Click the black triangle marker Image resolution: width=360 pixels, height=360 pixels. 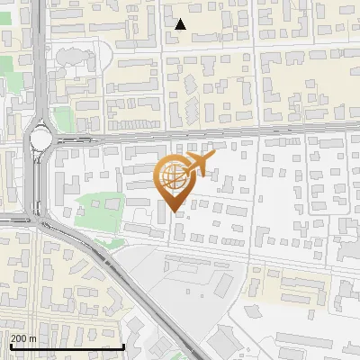coord(180,24)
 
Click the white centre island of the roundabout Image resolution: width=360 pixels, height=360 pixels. coord(41,139)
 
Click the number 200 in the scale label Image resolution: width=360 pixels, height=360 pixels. coord(19,339)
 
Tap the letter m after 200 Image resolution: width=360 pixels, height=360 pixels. coord(32,339)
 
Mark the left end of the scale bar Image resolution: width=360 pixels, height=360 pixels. coord(10,346)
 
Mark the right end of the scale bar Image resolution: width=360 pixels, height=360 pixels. coord(124,346)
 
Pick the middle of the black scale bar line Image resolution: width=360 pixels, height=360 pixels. coord(67,346)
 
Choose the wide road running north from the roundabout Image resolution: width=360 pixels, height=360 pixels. coord(38,54)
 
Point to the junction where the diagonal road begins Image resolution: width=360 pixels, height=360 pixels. coord(40,220)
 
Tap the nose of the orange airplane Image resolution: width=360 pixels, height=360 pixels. coord(213,157)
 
